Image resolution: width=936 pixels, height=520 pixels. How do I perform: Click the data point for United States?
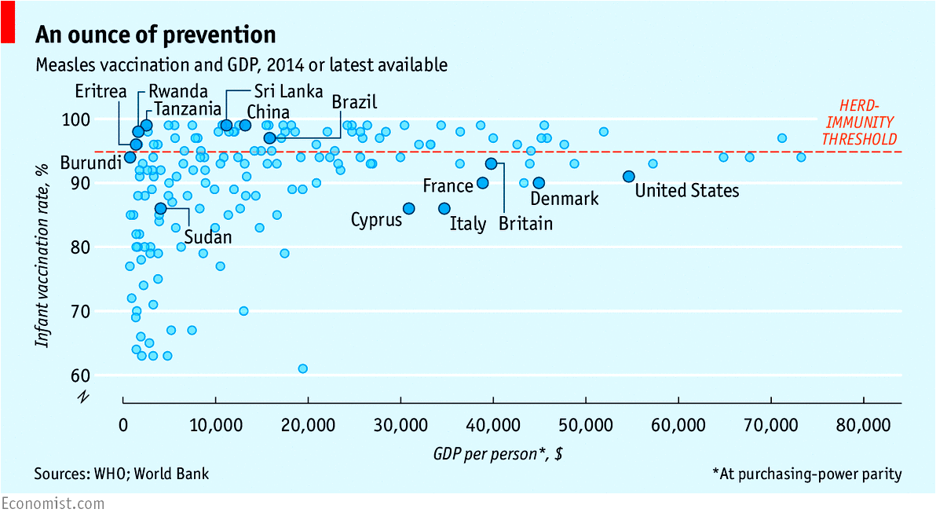click(628, 176)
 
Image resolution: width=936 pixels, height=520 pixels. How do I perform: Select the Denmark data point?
click(539, 182)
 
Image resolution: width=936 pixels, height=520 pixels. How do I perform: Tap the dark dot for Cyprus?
click(408, 208)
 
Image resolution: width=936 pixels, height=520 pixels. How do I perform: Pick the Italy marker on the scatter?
click(444, 208)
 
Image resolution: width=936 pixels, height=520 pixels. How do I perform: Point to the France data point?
click(483, 182)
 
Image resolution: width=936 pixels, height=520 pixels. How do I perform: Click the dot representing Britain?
click(492, 163)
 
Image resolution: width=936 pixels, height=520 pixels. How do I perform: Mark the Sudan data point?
click(160, 208)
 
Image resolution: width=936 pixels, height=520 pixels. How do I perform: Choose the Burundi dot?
click(130, 157)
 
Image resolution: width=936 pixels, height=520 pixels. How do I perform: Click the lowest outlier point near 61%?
click(303, 368)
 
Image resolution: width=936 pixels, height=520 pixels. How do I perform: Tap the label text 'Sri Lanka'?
click(288, 91)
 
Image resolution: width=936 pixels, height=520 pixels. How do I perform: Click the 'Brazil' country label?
click(354, 102)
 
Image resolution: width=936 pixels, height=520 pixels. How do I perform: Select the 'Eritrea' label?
click(101, 91)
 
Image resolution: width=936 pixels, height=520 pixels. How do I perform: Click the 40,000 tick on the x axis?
click(493, 425)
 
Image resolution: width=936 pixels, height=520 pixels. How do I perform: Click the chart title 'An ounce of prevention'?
click(155, 35)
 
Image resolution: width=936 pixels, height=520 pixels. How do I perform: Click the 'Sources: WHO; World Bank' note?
click(122, 474)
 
